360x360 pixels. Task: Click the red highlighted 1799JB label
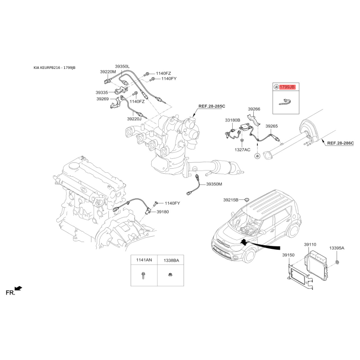coord(287,87)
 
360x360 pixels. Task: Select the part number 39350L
coord(122,67)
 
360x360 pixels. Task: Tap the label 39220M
coord(108,72)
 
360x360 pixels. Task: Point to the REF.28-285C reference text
coord(211,106)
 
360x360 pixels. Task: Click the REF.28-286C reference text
coord(341,143)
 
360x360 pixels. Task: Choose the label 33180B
coord(232,120)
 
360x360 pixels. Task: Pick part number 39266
coord(254,109)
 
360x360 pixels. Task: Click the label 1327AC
coord(242,150)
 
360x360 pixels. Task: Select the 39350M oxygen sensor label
coord(214,184)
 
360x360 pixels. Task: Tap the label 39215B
coord(231,200)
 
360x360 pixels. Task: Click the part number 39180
coord(162,211)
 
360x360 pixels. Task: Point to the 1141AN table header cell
coord(144,260)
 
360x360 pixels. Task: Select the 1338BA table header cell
coord(171,261)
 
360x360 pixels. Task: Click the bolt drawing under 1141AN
coord(143,275)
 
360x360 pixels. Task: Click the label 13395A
coord(337,248)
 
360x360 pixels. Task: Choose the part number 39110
coord(310,245)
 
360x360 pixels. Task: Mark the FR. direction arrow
coord(18,288)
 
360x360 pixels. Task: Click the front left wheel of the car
coord(249,255)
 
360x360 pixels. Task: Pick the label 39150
coord(288,255)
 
